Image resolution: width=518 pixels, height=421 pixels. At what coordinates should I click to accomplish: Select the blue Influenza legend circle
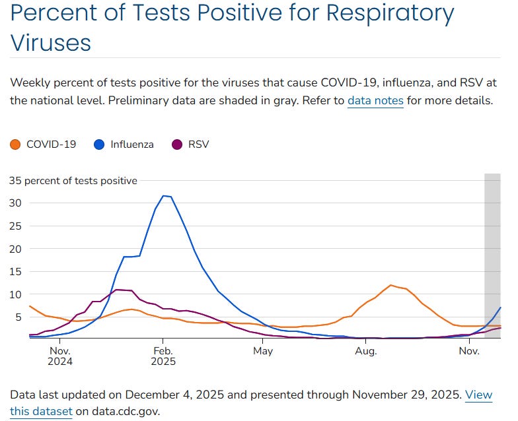coord(99,144)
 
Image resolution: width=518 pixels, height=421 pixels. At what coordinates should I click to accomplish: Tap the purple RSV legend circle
coord(177,144)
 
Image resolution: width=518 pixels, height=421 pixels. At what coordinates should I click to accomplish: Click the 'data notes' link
coord(375,101)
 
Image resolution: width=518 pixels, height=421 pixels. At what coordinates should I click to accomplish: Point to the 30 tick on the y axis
coord(16,203)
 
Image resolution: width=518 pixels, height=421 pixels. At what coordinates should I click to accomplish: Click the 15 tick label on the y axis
coord(16,271)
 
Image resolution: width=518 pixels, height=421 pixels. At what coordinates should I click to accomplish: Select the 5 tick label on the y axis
coord(18,317)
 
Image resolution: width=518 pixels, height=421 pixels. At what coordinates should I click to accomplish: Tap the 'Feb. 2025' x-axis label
coord(163,356)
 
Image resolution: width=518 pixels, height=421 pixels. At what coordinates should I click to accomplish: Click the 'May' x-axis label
coord(263,350)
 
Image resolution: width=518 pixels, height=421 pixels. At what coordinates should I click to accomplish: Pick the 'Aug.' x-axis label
coord(365,350)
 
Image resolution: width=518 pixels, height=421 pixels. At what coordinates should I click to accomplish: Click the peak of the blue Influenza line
coord(164,195)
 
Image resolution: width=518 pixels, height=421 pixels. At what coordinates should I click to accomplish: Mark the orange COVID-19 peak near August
coord(391,285)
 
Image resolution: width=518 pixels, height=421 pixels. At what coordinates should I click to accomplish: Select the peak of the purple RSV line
coord(117,290)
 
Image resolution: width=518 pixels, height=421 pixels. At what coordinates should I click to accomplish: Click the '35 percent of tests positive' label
coord(73,180)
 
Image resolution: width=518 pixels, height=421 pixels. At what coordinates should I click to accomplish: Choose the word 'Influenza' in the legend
coord(132,144)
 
